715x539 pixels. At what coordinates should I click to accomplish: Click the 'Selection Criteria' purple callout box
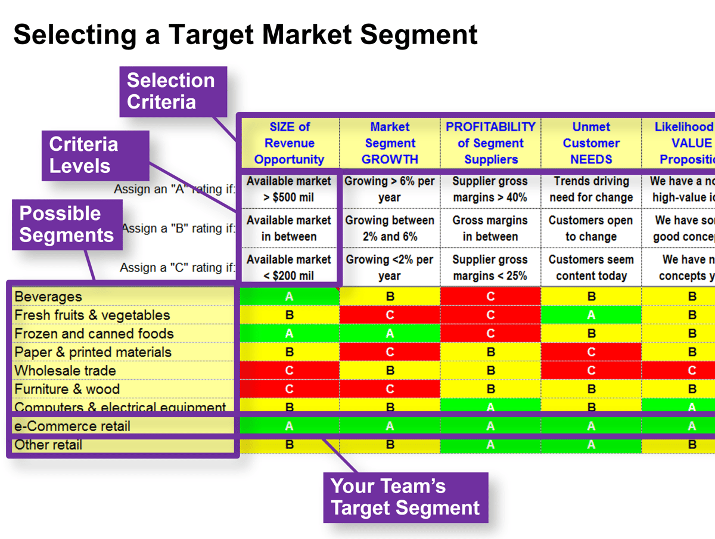tap(173, 91)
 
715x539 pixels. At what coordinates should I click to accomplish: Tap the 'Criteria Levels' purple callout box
tap(94, 155)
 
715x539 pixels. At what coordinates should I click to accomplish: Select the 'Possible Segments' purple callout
tap(67, 224)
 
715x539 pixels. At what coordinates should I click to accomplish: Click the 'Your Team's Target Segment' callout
tap(405, 497)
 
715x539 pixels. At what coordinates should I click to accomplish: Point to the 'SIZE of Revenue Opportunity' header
tap(289, 143)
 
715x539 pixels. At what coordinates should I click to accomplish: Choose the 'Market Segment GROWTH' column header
tap(390, 143)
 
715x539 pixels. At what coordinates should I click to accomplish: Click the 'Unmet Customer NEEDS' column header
tap(591, 143)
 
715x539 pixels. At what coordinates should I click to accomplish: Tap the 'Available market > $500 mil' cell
tap(289, 189)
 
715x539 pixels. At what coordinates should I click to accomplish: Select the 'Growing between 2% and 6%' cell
tap(390, 228)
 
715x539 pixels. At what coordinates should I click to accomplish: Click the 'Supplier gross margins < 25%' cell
tap(490, 268)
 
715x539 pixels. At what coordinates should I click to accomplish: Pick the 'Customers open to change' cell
tap(591, 228)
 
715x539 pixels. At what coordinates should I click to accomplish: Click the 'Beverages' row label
tap(48, 296)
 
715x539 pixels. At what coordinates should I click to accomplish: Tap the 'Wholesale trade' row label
tap(65, 370)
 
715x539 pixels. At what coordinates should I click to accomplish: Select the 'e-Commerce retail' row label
tap(72, 426)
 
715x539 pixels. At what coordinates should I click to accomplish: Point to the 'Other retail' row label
tap(48, 445)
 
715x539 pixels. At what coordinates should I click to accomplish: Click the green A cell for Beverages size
tap(289, 296)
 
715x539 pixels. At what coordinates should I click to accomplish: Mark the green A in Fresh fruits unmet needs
tap(591, 315)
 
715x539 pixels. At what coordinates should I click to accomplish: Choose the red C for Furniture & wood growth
tap(390, 389)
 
